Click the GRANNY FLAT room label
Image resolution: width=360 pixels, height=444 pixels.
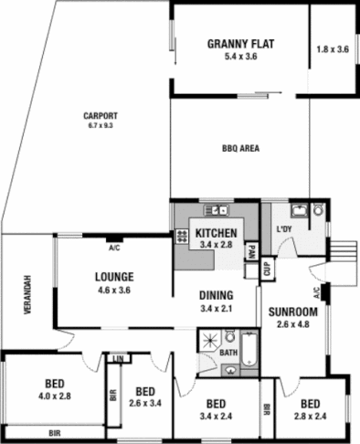coord(241,43)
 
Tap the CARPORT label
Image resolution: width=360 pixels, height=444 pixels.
coord(101,115)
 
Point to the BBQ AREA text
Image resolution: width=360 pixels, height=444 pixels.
coord(240,148)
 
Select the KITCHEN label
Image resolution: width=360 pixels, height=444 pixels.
coord(217,232)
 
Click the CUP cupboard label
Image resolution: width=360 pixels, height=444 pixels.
coord(266,270)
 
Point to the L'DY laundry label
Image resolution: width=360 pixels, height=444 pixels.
coord(284,230)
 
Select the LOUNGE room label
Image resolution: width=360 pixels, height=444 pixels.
coord(114,277)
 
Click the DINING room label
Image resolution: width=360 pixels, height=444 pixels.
coord(216,295)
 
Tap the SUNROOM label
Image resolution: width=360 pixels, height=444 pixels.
coord(292,311)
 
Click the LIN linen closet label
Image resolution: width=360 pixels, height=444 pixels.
coord(116,358)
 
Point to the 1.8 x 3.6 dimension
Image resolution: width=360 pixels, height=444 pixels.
coord(332,49)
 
